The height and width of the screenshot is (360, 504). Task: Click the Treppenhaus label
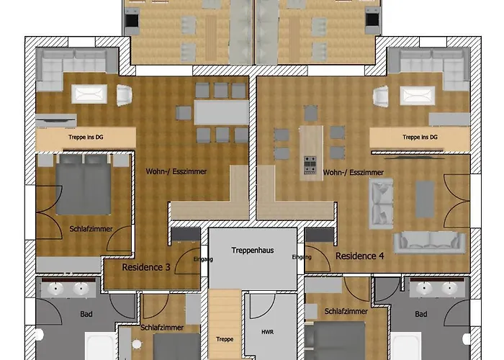253,251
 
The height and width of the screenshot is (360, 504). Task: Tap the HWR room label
267,332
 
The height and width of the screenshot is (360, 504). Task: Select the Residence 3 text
146,267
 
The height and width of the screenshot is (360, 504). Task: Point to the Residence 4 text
360,256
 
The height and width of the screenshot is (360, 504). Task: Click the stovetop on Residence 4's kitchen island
310,165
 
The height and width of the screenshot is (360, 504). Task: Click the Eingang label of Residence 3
204,259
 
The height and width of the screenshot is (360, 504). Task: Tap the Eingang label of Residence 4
302,257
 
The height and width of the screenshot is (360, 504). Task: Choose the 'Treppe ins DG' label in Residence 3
86,138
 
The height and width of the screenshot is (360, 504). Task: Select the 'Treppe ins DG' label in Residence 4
420,138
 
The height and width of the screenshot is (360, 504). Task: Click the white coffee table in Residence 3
89,94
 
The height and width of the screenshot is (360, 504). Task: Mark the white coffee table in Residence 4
417,96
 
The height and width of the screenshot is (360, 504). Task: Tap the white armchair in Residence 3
124,95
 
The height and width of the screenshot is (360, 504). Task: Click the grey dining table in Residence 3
222,112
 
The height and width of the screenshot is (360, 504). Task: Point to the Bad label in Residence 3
86,314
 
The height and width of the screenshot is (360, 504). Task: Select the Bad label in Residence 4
420,314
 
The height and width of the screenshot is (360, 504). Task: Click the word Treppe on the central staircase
225,339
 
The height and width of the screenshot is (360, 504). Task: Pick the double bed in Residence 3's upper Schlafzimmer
84,184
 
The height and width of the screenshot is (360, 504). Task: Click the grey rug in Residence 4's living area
425,199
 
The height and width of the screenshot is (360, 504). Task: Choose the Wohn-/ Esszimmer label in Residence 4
354,173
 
